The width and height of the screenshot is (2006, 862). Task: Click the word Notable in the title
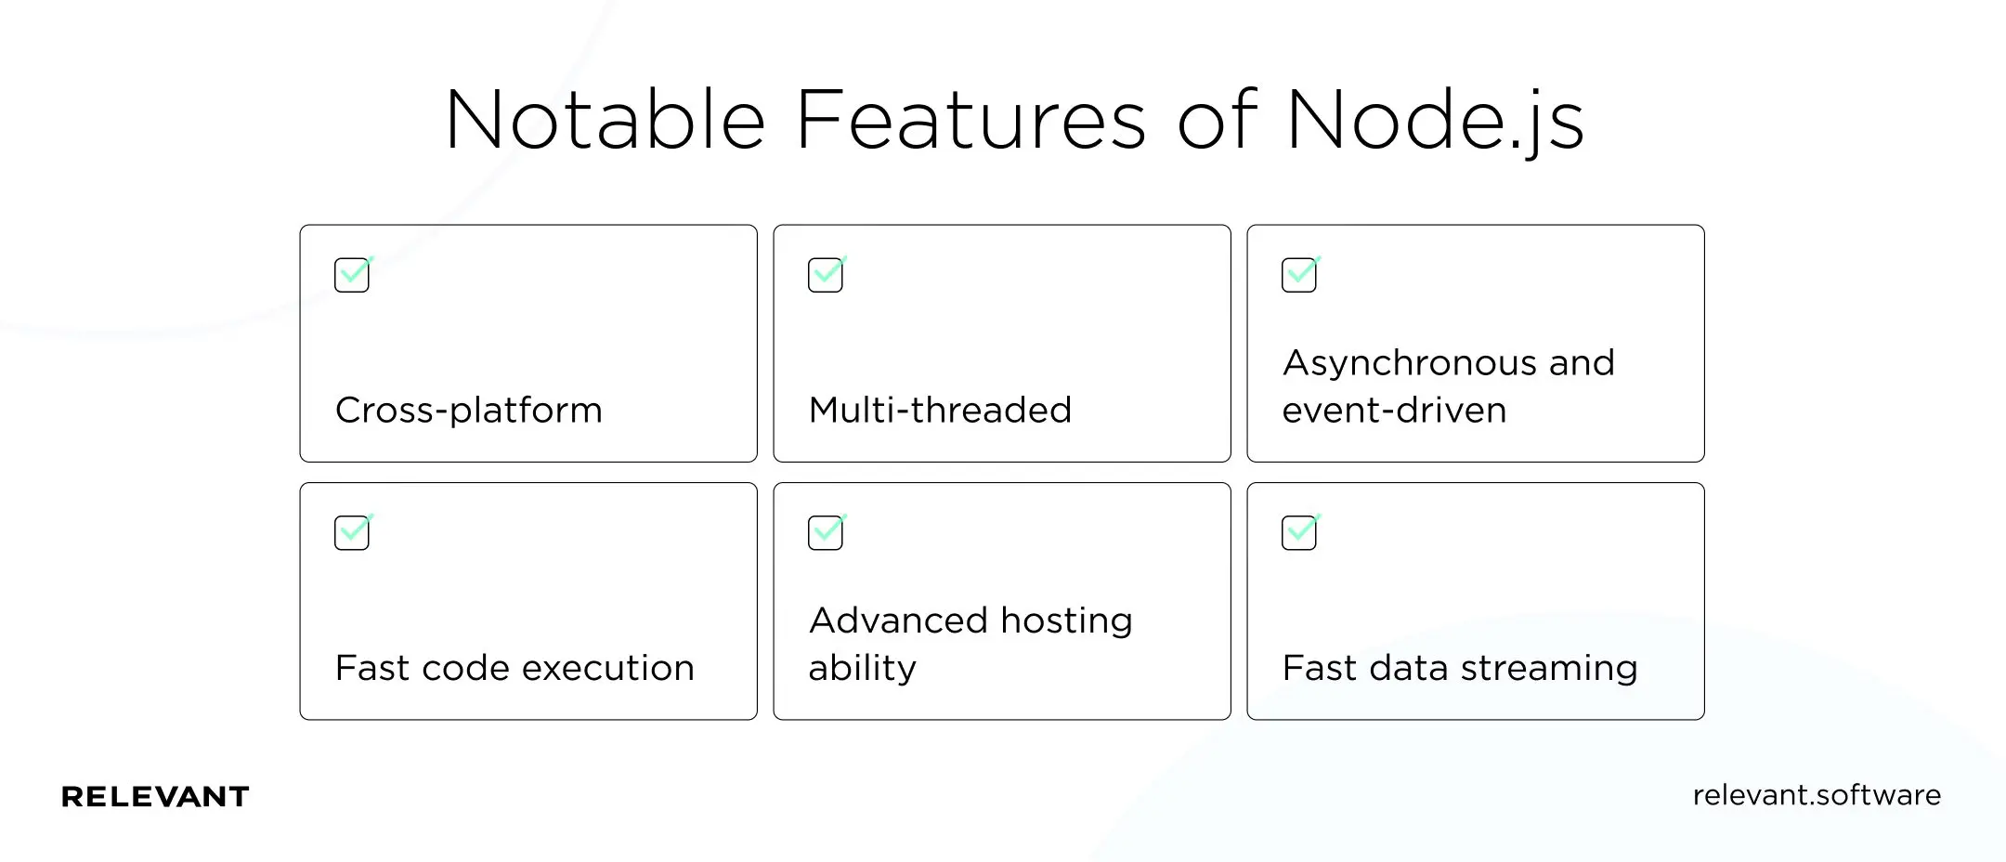click(x=605, y=120)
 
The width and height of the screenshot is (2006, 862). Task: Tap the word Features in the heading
click(x=971, y=120)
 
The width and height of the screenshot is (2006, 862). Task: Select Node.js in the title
click(x=1435, y=122)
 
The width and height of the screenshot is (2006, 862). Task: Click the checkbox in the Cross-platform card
click(x=352, y=275)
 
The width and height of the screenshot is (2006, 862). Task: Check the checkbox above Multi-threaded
click(x=826, y=275)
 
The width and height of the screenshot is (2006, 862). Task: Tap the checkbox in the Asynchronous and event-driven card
click(x=1299, y=275)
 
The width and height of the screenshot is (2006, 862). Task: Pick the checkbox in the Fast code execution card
click(x=352, y=532)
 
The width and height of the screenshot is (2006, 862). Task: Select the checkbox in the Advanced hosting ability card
click(x=826, y=532)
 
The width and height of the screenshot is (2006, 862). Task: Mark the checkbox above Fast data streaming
click(x=1299, y=532)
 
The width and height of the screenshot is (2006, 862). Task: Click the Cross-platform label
click(x=468, y=411)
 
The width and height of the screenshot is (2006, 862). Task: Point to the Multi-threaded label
click(x=940, y=410)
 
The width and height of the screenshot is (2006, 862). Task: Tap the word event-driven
click(x=1394, y=410)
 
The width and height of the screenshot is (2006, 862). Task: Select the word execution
click(x=614, y=668)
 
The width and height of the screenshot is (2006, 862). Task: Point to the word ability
click(x=862, y=669)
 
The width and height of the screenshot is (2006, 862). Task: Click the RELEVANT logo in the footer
click(x=155, y=796)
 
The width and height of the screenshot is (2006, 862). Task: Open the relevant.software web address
click(x=1817, y=795)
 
